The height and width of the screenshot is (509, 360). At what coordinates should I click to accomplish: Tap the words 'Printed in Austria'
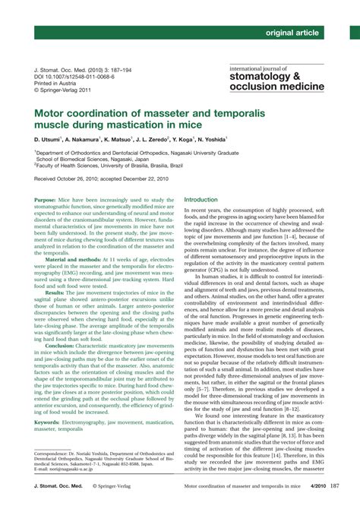pos(60,83)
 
